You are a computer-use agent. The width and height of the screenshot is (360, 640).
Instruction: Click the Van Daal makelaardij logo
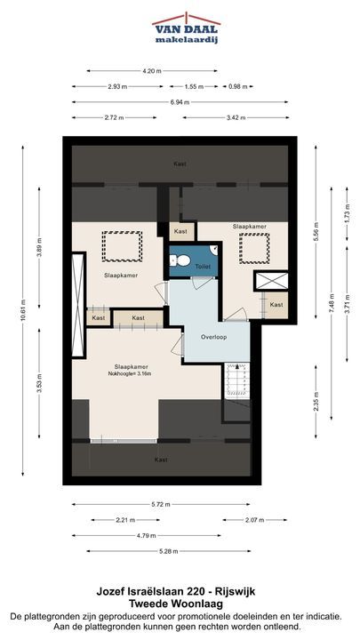[x=186, y=28]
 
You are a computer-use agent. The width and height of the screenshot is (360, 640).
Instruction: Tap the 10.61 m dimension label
[x=23, y=310]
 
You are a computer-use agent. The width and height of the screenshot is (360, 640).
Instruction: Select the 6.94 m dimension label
[x=180, y=102]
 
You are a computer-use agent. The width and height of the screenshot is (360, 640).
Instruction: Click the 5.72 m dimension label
[x=161, y=504]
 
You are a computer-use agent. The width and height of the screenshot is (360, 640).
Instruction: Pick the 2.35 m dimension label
[x=316, y=402]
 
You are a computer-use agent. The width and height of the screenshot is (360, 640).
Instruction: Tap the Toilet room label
[x=204, y=267]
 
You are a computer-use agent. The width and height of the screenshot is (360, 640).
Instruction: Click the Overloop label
[x=213, y=337]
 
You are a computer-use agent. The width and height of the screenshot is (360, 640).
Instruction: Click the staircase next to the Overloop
[x=236, y=380]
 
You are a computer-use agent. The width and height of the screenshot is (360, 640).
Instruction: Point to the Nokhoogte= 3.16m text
[x=130, y=373]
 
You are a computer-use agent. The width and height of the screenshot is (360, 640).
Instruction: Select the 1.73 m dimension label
[x=347, y=214]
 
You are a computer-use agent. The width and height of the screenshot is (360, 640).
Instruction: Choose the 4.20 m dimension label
[x=152, y=71]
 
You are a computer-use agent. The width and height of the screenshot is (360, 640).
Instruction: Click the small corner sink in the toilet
[x=214, y=249]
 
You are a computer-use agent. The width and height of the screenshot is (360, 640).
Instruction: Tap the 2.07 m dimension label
[x=255, y=520]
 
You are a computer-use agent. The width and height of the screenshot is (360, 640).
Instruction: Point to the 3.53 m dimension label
[x=39, y=383]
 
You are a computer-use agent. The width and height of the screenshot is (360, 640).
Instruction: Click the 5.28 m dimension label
[x=169, y=551]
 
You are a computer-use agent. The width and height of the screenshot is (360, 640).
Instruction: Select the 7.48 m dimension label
[x=332, y=303]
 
